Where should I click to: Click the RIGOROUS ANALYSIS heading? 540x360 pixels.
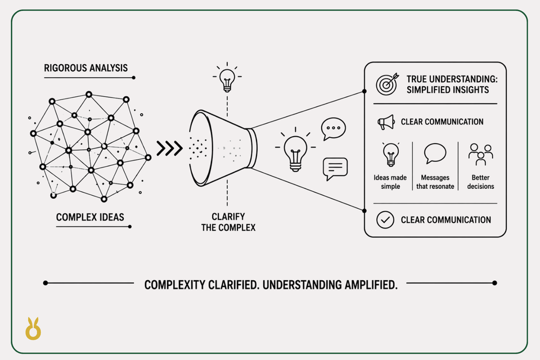tap(85, 68)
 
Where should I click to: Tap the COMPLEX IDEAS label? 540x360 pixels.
tap(90, 217)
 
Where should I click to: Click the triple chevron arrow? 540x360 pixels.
tap(169, 148)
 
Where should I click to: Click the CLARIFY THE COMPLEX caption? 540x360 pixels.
tap(228, 222)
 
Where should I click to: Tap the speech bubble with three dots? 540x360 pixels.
tap(333, 129)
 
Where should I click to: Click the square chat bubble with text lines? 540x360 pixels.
tap(335, 169)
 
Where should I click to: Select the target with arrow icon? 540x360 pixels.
tap(387, 84)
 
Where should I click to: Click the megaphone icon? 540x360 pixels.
tap(386, 122)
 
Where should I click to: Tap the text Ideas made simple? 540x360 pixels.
tap(390, 182)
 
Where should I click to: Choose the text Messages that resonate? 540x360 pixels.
tap(435, 182)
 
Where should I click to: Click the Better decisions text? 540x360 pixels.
tap(480, 182)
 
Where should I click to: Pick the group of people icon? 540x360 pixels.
tap(481, 154)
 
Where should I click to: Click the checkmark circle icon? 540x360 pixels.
tap(385, 220)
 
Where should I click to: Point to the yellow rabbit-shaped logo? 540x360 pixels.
tap(33, 328)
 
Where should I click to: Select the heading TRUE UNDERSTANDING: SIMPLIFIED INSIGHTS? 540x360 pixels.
tap(452, 84)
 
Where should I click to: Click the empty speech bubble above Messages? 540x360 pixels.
tap(435, 154)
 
